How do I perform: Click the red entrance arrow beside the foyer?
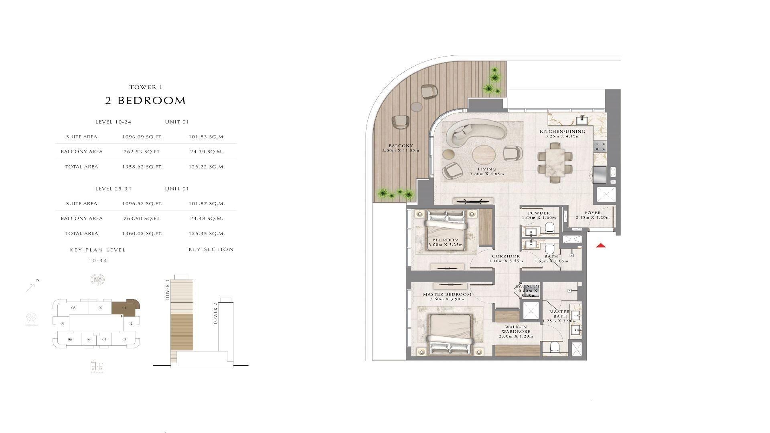[600, 246]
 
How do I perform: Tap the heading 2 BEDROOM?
[146, 101]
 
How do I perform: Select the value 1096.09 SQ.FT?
[142, 137]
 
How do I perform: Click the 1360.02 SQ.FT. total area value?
[142, 233]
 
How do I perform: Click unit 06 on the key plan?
[70, 340]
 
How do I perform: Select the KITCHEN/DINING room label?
[562, 132]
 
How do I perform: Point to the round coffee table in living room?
[484, 156]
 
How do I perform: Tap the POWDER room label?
[539, 213]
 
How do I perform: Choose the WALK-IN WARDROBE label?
[516, 330]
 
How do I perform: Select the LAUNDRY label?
[528, 286]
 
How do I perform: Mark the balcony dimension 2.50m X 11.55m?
[400, 151]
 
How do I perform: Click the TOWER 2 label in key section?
[216, 314]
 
